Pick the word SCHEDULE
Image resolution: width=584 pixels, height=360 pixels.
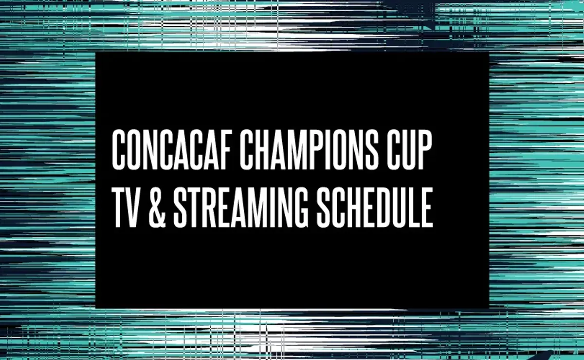point(374,208)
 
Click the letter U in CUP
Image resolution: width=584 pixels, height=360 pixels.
point(408,150)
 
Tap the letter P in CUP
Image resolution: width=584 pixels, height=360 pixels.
point(424,150)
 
